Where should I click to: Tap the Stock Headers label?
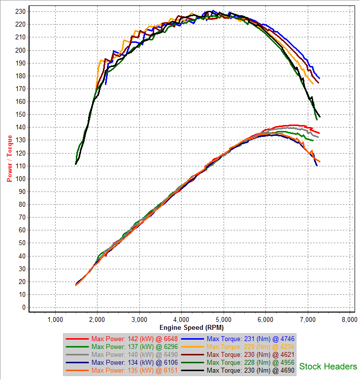click(328, 366)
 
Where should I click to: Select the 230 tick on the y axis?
click(21, 11)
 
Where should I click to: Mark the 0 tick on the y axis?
click(24, 308)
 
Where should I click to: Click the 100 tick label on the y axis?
click(21, 179)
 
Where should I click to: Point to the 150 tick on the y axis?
click(21, 114)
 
